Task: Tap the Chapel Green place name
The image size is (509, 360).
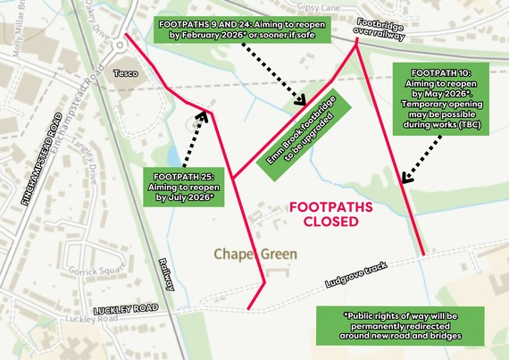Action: pos(255,255)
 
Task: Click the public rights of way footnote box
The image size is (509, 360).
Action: pos(402,326)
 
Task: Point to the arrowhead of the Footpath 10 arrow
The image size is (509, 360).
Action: pos(404,182)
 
